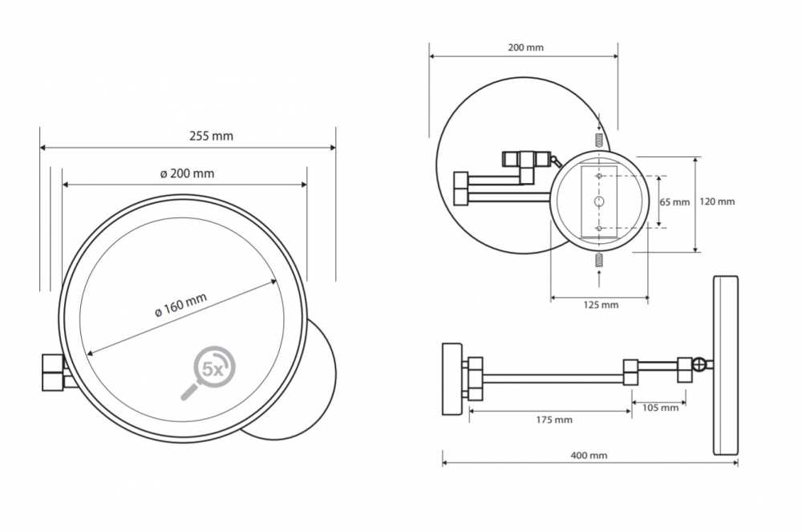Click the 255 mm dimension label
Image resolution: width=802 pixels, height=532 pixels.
[x=211, y=136]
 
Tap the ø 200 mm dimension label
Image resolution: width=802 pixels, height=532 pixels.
[x=187, y=173]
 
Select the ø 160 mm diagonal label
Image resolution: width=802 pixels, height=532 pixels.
[x=181, y=305]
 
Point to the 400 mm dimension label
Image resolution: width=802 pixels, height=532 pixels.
[x=589, y=455]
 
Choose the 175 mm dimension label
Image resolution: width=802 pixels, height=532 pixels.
[x=554, y=420]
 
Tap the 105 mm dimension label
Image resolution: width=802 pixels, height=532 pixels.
[x=660, y=408]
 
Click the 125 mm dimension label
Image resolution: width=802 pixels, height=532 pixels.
[x=601, y=305]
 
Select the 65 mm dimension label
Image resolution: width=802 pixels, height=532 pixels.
[x=674, y=202]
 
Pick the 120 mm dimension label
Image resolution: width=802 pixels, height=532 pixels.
[x=716, y=201]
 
